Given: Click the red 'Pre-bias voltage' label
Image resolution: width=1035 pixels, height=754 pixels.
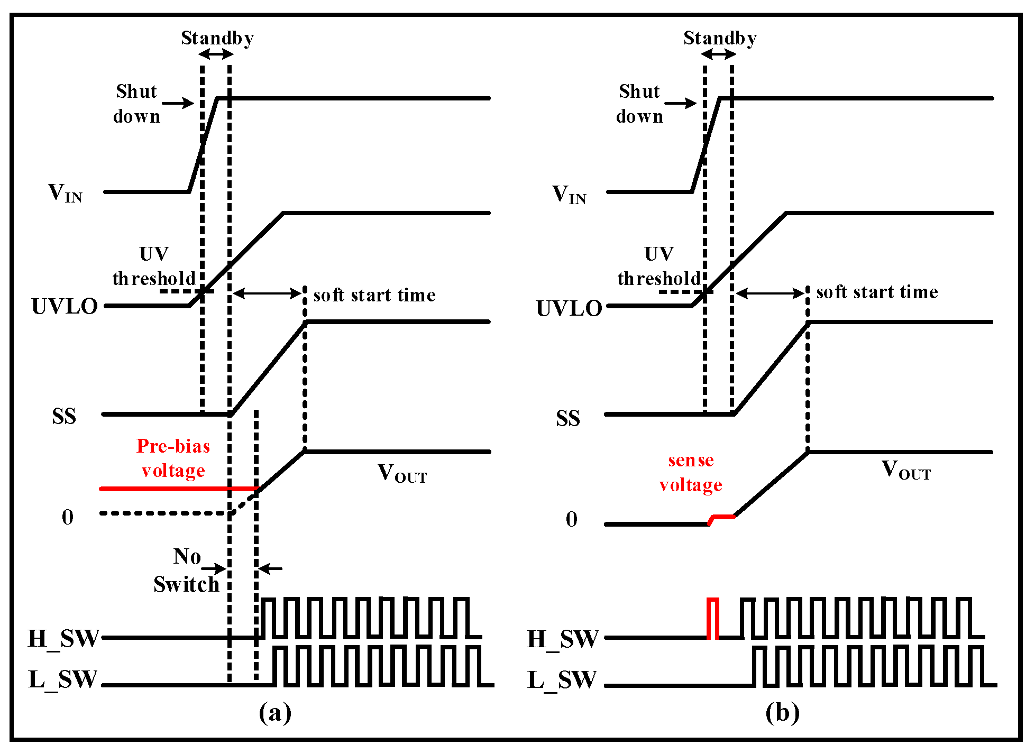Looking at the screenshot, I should pos(173,458).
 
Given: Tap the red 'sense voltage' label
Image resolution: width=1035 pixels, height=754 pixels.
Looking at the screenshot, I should pos(691,472).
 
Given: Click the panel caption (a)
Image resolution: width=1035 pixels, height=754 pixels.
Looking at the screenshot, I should pos(275,713).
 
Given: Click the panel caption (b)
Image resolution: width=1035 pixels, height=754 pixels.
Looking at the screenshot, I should pos(782,713).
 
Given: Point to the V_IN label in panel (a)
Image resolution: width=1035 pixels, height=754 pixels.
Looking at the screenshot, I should pos(65,194).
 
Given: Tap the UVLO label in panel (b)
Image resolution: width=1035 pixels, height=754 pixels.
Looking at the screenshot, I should pos(569,308).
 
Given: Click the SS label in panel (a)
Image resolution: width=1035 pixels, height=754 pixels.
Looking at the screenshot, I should pos(64,417).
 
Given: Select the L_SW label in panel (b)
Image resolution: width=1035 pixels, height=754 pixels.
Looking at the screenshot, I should pos(562,680).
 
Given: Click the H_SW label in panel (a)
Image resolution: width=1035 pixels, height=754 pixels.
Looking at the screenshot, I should pos(63,639).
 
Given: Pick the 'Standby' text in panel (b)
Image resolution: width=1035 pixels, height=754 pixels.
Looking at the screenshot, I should pos(720,38).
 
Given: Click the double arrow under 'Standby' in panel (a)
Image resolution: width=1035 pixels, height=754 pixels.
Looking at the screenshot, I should pos(216,54).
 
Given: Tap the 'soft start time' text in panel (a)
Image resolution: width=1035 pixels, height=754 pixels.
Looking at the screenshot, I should pos(374,295).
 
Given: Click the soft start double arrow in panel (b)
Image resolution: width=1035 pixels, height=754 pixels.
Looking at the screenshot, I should pos(770,293).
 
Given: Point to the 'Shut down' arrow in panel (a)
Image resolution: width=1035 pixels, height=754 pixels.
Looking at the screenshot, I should pos(178,103).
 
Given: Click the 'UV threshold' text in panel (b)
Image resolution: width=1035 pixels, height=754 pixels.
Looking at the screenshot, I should pos(659,266).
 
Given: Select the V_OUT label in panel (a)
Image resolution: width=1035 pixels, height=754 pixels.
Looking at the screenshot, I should pos(402,474).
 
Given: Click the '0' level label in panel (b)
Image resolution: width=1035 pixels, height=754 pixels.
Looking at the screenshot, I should pos(572,519).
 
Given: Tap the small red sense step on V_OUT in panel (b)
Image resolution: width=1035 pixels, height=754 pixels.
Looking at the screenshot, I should pos(722,518).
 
